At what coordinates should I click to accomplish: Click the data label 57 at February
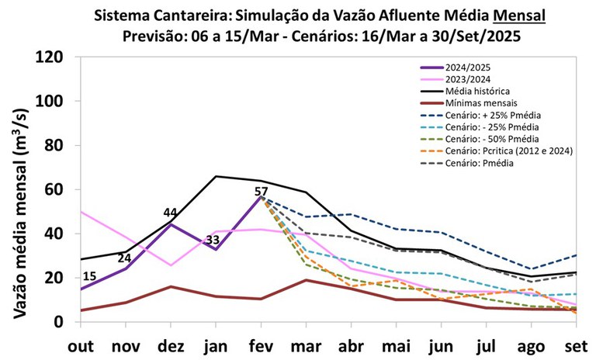(x=262, y=191)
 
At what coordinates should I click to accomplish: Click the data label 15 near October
(x=89, y=277)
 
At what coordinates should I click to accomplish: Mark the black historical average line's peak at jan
(x=215, y=176)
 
